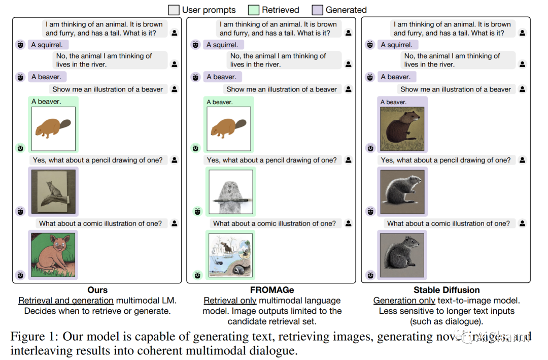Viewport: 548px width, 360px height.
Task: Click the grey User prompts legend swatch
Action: [174, 10]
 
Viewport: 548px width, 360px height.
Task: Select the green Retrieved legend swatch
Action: [254, 10]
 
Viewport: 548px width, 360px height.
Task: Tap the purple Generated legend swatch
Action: [317, 10]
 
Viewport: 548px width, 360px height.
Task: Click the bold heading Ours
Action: [97, 290]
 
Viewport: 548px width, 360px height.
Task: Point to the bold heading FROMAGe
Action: [272, 290]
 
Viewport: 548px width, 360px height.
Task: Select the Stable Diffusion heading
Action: [447, 290]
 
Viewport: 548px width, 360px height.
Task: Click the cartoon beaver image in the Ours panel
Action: [53, 128]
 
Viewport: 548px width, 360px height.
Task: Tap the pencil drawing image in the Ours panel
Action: [53, 191]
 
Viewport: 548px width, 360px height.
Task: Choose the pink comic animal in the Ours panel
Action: [53, 254]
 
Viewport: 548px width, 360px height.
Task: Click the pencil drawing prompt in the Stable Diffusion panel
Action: [446, 160]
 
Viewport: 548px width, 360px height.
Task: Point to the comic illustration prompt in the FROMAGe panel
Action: [275, 223]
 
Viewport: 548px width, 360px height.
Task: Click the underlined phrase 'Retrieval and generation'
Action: [66, 301]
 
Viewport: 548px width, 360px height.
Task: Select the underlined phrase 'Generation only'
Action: [404, 301]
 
